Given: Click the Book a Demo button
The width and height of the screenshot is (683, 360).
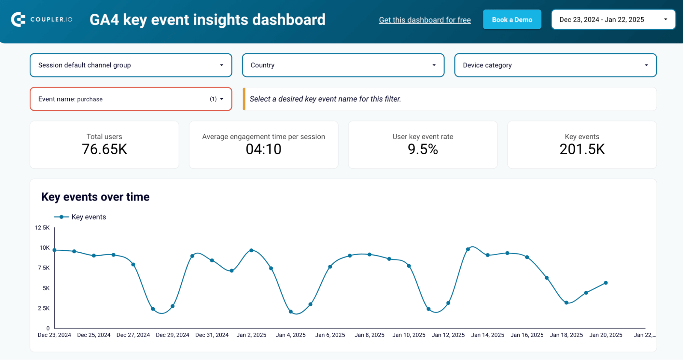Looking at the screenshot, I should (x=512, y=20).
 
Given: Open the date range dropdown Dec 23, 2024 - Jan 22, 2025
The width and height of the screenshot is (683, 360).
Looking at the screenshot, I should (x=613, y=20).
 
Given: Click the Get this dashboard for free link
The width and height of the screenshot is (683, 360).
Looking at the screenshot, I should (x=425, y=20).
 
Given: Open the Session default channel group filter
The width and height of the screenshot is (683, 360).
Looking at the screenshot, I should (x=131, y=65).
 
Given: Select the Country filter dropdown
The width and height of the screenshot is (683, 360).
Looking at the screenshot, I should (x=343, y=65).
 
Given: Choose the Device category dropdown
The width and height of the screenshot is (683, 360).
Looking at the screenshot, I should (x=555, y=65).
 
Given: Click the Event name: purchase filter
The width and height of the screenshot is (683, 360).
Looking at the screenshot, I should (x=131, y=99).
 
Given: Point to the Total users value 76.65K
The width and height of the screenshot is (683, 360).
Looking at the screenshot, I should (x=105, y=149).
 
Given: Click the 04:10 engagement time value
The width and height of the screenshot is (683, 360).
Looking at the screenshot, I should (x=263, y=149).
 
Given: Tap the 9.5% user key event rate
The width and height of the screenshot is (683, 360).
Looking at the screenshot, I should (x=423, y=149).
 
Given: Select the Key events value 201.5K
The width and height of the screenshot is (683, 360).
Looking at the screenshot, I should (x=582, y=149).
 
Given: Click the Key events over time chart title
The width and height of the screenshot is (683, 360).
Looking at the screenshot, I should (x=95, y=197).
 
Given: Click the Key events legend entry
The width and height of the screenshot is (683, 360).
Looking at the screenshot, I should (x=88, y=217).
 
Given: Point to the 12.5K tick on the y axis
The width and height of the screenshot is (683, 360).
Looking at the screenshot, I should (x=42, y=227).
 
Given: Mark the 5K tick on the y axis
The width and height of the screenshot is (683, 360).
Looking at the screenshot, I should (x=46, y=288).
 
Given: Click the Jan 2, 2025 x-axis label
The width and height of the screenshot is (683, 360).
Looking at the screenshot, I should (x=251, y=335).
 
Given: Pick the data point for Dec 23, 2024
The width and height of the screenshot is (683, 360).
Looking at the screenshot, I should (x=55, y=250).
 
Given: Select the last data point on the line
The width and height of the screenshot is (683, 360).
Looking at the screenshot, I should (x=605, y=283).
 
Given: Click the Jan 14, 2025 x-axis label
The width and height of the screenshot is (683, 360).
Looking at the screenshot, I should (x=488, y=335).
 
